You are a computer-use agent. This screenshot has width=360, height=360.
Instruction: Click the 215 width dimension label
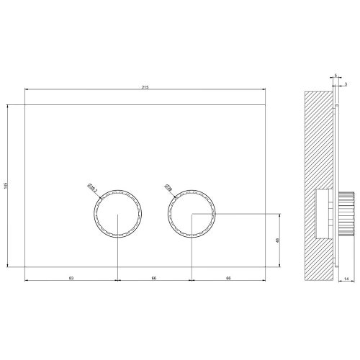pyautogui.click(x=145, y=86)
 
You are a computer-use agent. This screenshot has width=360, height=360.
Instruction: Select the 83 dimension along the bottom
pyautogui.click(x=71, y=276)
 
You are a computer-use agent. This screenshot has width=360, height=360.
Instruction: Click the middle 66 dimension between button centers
pyautogui.click(x=154, y=276)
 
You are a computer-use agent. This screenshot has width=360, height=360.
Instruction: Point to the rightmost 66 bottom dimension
pyautogui.click(x=228, y=276)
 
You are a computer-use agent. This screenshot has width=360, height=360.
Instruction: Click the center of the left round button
pyautogui.click(x=117, y=214)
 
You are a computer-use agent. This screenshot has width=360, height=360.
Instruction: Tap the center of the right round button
pyautogui.click(x=192, y=214)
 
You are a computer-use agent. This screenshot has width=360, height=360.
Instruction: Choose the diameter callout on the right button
pyautogui.click(x=168, y=188)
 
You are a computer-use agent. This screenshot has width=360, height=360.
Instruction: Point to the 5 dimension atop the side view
pyautogui.click(x=336, y=75)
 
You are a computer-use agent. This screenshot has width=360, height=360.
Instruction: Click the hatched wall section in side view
pyautogui.click(x=318, y=144)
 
